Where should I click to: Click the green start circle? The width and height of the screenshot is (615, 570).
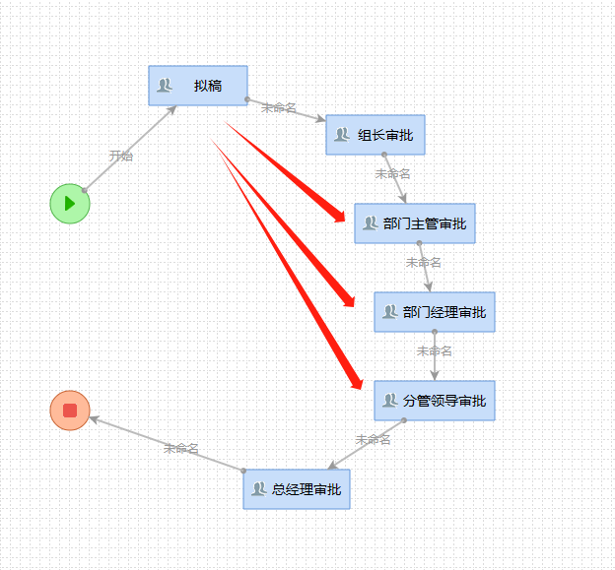click(x=70, y=204)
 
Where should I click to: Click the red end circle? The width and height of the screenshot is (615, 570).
click(x=70, y=411)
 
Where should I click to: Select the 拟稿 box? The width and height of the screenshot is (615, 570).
click(x=198, y=86)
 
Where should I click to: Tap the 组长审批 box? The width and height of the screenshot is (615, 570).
click(x=376, y=135)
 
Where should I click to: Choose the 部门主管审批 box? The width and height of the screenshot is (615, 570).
click(x=415, y=223)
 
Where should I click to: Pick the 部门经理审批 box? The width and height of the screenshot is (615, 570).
click(x=435, y=312)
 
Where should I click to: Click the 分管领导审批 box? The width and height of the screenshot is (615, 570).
click(x=435, y=401)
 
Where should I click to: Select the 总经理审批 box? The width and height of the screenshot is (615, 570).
click(x=297, y=489)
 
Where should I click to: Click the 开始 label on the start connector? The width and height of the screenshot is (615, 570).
click(x=121, y=156)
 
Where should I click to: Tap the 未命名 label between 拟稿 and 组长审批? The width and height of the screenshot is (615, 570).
click(x=279, y=107)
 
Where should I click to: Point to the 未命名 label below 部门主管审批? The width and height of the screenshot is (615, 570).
click(x=424, y=262)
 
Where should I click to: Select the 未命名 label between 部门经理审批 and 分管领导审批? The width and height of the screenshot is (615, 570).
click(x=434, y=350)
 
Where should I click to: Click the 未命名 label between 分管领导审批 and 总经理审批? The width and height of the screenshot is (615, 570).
click(x=374, y=439)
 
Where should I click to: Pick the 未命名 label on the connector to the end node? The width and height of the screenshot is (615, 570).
click(x=181, y=448)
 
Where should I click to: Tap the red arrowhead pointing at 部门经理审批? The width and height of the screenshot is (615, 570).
click(x=347, y=296)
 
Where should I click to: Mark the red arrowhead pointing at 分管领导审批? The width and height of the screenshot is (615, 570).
click(x=355, y=383)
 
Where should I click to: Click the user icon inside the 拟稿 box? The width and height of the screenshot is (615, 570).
click(x=165, y=86)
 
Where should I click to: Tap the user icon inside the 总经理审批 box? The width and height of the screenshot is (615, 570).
click(x=258, y=489)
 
